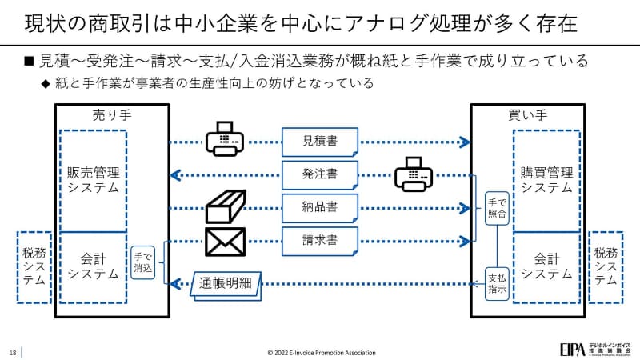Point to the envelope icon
(x=225, y=242)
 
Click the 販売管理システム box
(x=93, y=180)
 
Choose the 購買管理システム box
(x=546, y=180)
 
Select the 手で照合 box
(x=497, y=207)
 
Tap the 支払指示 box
(x=497, y=282)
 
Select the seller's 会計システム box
(x=93, y=266)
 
